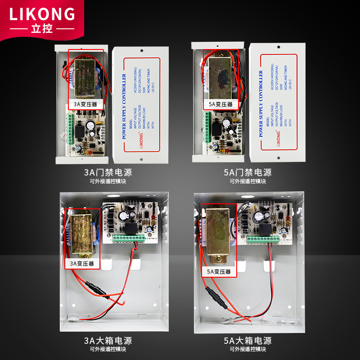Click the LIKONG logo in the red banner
tap(42, 13)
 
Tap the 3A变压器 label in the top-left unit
tap(85, 104)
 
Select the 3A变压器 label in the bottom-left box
tap(82, 263)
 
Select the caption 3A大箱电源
tap(108, 340)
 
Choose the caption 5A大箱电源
tap(247, 340)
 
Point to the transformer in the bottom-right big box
tap(219, 234)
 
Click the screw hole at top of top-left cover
tap(141, 51)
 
